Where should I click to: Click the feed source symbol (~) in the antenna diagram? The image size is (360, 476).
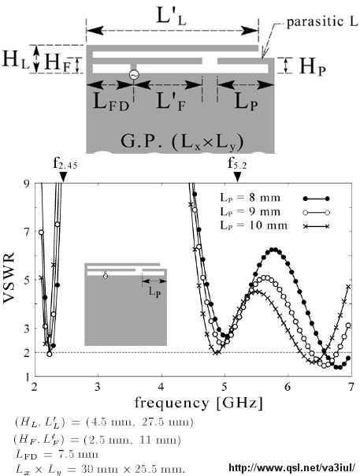coord(134,75)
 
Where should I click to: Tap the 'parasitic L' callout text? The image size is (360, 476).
coord(322,22)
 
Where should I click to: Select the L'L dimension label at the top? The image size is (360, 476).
coord(171,16)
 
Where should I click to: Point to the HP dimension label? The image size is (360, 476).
coord(313,66)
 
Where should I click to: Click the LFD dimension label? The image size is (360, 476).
coord(111,102)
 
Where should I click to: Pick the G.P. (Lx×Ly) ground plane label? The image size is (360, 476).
coord(182,142)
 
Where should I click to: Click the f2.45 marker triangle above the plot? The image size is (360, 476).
coord(63,177)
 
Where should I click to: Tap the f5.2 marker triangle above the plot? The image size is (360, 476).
coord(238,177)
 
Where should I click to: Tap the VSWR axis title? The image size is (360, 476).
coord(9,277)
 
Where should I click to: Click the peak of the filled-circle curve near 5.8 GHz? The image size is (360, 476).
coord(274,250)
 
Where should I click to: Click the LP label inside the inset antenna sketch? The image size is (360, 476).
coord(154,292)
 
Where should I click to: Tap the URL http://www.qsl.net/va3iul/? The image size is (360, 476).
coord(291,468)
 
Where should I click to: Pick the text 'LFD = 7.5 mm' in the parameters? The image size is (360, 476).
coord(57,455)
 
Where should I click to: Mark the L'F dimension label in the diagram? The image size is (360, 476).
coord(171,102)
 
